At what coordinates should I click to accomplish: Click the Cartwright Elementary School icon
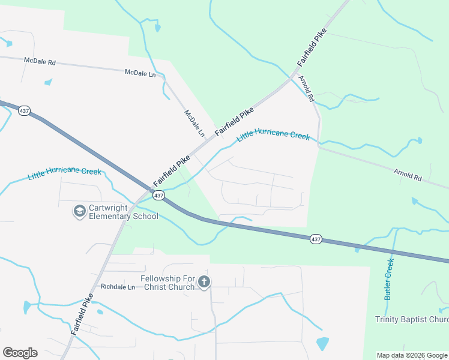(79, 211)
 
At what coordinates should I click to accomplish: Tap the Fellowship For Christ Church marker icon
(204, 282)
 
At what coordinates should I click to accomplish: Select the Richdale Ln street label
(118, 287)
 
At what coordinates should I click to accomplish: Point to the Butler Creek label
(389, 278)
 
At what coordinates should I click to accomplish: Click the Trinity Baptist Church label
(412, 319)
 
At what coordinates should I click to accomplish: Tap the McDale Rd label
(40, 61)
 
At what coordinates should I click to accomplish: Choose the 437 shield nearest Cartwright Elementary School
(158, 196)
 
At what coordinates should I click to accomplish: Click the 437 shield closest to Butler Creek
(316, 239)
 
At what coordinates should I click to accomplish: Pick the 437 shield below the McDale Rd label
(24, 112)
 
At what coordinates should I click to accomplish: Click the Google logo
(20, 353)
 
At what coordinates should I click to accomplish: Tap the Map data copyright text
(412, 355)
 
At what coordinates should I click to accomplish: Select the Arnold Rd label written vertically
(307, 89)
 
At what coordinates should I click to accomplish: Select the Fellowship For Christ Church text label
(168, 283)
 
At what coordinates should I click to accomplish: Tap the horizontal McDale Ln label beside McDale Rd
(140, 73)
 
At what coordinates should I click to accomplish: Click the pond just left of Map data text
(322, 344)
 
